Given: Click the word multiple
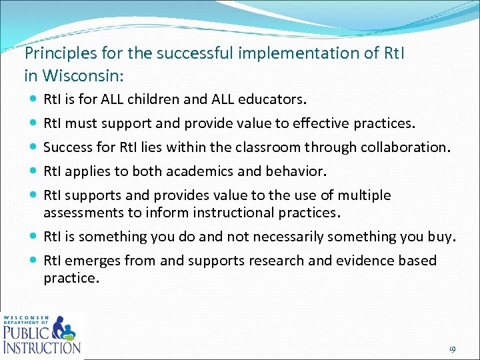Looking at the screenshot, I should click(x=365, y=195).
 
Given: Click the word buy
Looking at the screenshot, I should click(x=441, y=237).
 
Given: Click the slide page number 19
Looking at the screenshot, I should click(x=451, y=349).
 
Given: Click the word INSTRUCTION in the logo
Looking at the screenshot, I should click(x=42, y=347).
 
